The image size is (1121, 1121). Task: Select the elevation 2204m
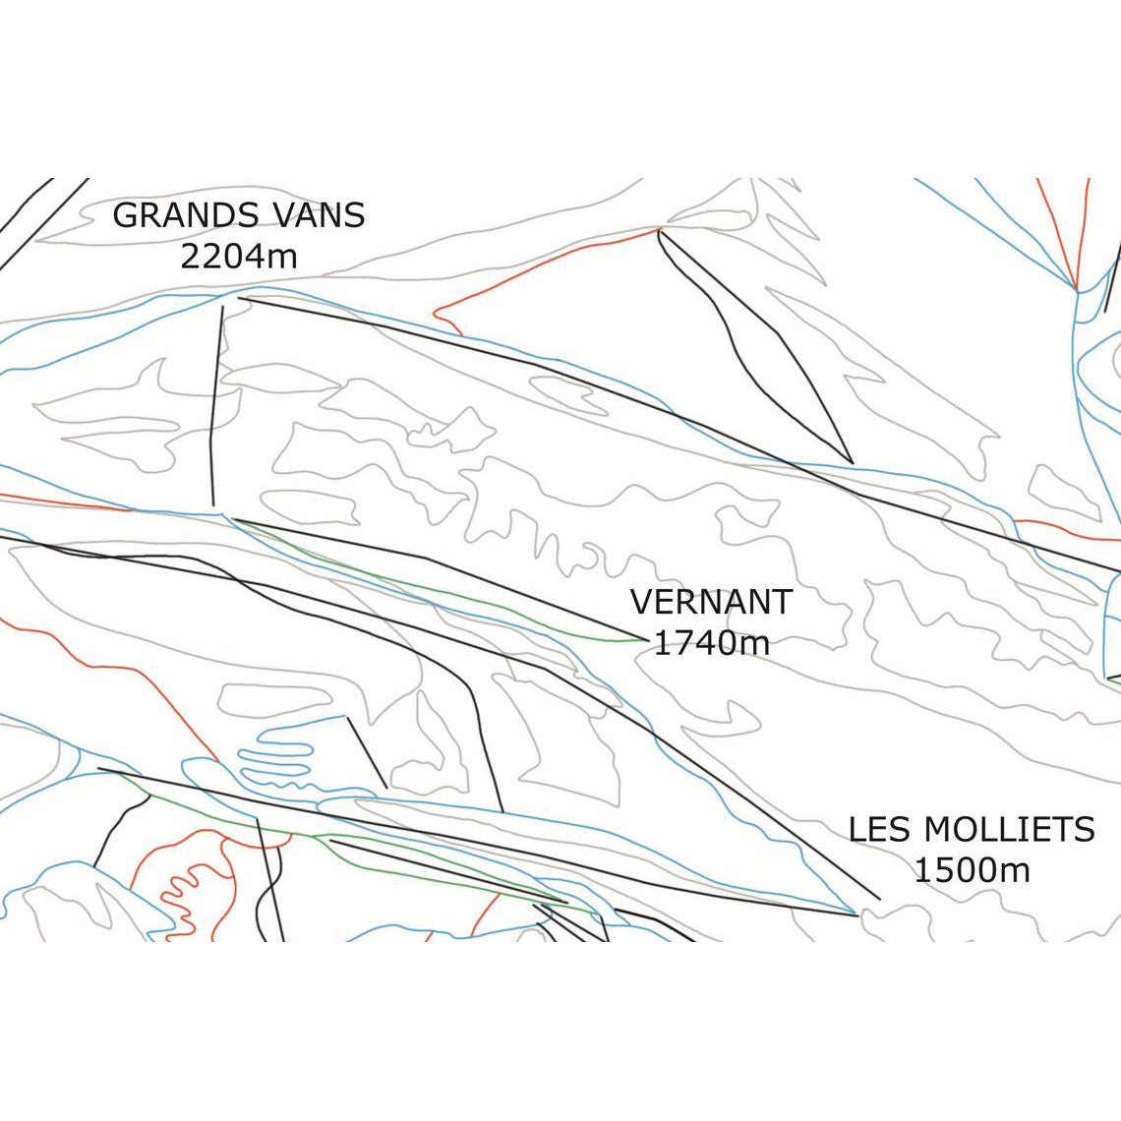pos(239,256)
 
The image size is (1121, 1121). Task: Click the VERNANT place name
pos(710,601)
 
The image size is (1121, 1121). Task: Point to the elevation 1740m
pos(711,643)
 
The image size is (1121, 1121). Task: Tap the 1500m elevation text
pos(972,870)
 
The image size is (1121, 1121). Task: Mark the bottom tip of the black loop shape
pos(852,461)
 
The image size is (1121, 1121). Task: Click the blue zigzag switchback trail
pos(275,762)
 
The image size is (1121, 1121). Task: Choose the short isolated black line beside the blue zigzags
pos(366,752)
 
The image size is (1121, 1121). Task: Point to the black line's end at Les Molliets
pos(878,898)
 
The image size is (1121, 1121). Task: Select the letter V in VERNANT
pos(641,601)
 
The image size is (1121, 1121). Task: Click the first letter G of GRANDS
pos(125,214)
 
